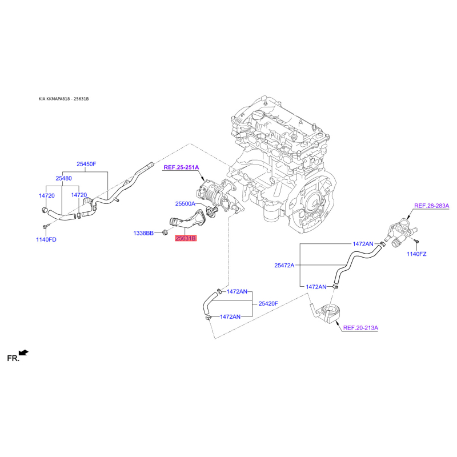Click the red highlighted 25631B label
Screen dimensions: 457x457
pyautogui.click(x=186, y=238)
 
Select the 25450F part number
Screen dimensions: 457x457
pyautogui.click(x=86, y=164)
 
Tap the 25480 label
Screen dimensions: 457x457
pyautogui.click(x=63, y=178)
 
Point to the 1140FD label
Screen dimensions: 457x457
pyautogui.click(x=46, y=239)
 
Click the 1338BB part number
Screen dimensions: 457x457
pyautogui.click(x=143, y=233)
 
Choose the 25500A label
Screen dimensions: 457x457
pyautogui.click(x=185, y=204)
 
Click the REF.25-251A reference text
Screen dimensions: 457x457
pyautogui.click(x=181, y=167)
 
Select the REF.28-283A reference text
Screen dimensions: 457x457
pyautogui.click(x=432, y=206)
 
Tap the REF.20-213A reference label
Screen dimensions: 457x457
pyautogui.click(x=360, y=328)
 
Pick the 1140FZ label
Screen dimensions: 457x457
pyautogui.click(x=416, y=254)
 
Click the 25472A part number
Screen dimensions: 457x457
pyautogui.click(x=284, y=266)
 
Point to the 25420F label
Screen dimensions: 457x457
pyautogui.click(x=268, y=304)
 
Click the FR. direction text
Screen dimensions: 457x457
pyautogui.click(x=13, y=358)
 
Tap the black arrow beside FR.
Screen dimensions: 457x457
pyautogui.click(x=23, y=352)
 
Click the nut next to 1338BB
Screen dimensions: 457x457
pyautogui.click(x=165, y=232)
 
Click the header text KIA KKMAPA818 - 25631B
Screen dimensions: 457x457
pyautogui.click(x=64, y=99)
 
